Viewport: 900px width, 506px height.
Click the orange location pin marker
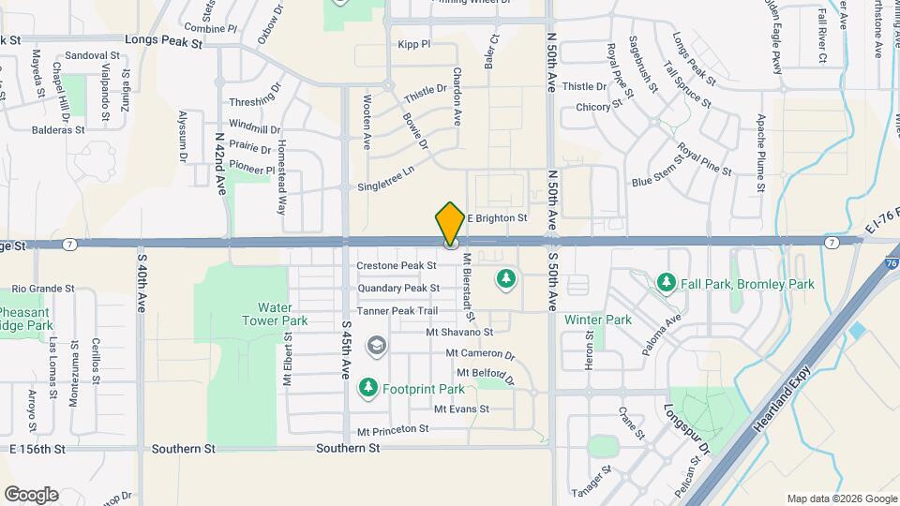click(450, 224)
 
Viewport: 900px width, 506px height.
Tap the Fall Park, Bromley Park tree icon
click(667, 282)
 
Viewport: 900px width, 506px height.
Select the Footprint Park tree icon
click(368, 387)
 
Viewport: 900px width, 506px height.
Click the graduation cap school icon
click(376, 347)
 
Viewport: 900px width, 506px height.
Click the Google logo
click(31, 495)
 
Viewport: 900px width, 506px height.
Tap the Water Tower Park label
click(282, 314)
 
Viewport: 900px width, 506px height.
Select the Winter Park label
click(598, 320)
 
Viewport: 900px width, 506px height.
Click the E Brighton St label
click(498, 218)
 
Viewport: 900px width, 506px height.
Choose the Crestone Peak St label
click(397, 266)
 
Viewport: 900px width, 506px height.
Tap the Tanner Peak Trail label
click(397, 311)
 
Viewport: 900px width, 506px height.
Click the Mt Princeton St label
click(393, 429)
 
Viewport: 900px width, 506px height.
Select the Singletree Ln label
click(385, 186)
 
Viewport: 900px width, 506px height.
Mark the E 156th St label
click(38, 449)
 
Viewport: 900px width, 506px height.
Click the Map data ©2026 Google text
click(840, 499)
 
